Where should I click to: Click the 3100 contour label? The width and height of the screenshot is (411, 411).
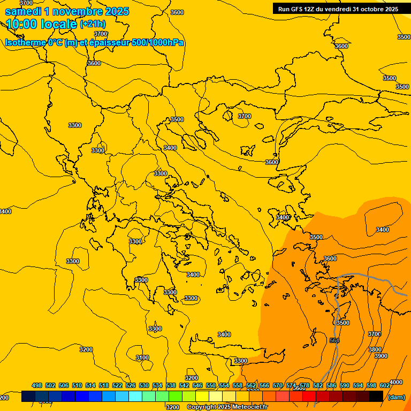[142, 357]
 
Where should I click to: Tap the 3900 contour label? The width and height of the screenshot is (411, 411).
[381, 356]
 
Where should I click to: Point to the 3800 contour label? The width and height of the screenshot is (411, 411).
[375, 349]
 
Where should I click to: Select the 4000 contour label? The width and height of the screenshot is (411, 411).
[396, 382]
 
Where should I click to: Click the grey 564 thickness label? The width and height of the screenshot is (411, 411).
[334, 341]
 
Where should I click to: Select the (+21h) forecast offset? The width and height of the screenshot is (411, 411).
[93, 24]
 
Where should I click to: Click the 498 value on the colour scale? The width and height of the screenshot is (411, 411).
[37, 385]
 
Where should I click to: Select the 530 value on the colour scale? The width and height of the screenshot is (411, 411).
[144, 385]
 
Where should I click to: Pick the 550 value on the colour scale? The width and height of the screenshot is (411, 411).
[211, 385]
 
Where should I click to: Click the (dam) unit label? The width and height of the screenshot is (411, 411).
[397, 397]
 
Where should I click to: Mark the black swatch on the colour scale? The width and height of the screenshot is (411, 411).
[376, 397]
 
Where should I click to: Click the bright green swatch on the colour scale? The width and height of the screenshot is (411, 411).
[176, 397]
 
